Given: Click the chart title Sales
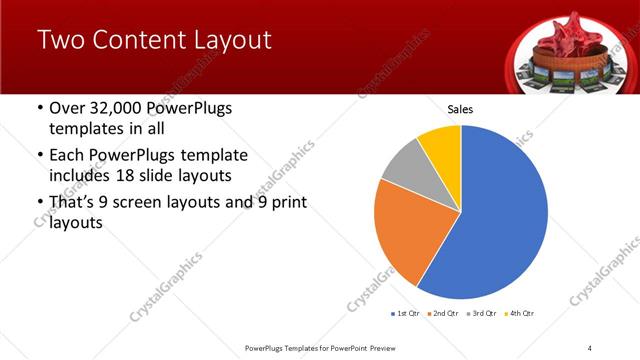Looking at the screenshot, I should point(460,109).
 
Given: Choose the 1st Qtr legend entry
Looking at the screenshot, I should point(408,315).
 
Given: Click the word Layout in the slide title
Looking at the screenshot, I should point(228,41).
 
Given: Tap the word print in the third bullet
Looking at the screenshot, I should point(286,203).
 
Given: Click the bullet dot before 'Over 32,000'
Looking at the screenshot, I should point(39,108).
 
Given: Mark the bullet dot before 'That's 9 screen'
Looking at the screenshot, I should point(39,203).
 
